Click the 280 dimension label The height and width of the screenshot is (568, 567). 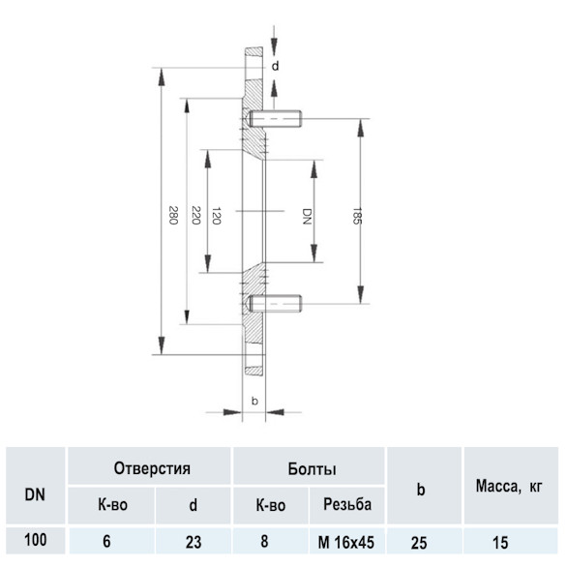tap(173, 215)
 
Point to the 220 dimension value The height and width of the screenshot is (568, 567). tap(196, 215)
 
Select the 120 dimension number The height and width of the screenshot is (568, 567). tap(217, 216)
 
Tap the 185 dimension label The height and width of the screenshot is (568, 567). tap(357, 216)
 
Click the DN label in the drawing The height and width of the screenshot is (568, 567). tap(307, 216)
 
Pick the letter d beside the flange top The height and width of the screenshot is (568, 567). tap(276, 67)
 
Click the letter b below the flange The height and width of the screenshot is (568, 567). tap(254, 401)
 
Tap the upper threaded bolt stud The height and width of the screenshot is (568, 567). tap(275, 119)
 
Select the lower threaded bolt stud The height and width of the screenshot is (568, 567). tap(275, 304)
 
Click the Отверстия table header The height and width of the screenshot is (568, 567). tap(152, 468)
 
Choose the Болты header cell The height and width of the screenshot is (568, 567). tap(312, 469)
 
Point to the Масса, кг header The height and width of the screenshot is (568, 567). tap(509, 486)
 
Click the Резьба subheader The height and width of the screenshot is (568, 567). tap(347, 504)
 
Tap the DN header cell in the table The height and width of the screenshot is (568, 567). tap(35, 494)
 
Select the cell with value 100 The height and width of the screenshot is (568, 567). tap(36, 540)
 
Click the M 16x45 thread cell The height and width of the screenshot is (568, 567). tap(346, 542)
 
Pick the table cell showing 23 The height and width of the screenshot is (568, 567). tap(194, 542)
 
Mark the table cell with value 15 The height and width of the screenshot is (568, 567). tap(500, 543)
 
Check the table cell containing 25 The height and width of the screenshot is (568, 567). tap(419, 543)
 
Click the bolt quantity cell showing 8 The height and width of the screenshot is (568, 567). tap(264, 542)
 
